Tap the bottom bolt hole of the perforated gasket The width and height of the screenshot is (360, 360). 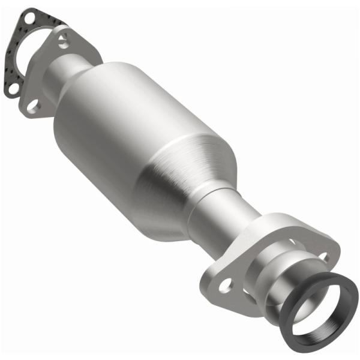click(x=12, y=90)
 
